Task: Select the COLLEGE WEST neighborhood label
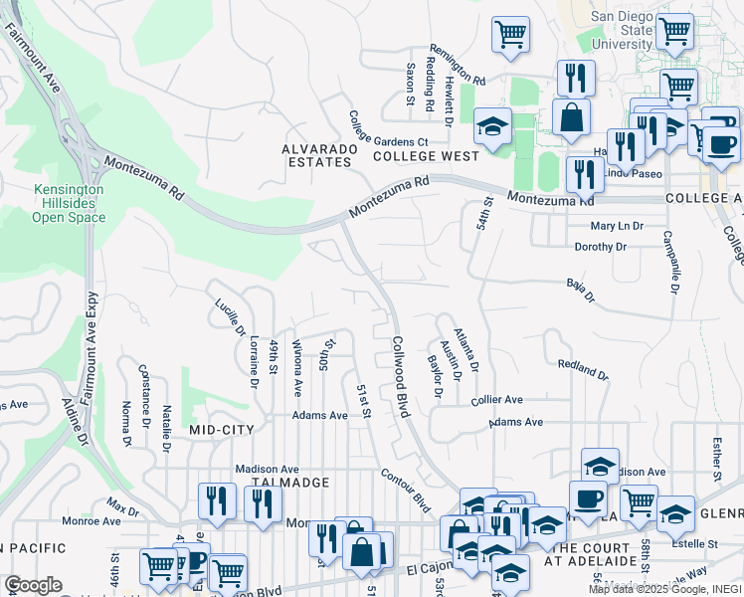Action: [x=426, y=156]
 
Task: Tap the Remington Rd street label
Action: [x=458, y=64]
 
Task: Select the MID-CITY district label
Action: [x=222, y=429]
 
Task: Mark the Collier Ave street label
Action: [x=496, y=399]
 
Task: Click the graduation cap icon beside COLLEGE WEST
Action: [x=491, y=124]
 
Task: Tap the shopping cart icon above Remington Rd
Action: [x=510, y=34]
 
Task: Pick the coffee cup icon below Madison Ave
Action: [x=588, y=498]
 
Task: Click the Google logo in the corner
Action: [x=33, y=584]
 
